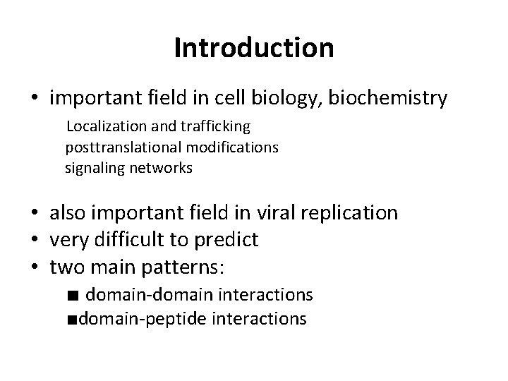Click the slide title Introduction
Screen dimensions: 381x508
click(x=253, y=48)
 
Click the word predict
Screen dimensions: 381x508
click(x=228, y=240)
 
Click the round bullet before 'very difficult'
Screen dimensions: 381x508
click(x=35, y=241)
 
